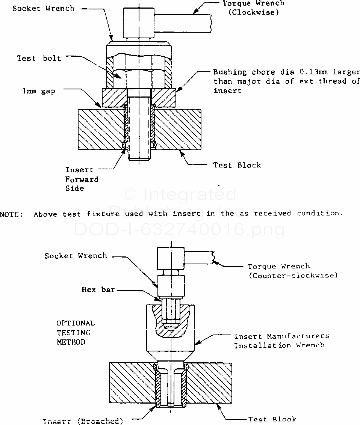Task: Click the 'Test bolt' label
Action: click(x=39, y=58)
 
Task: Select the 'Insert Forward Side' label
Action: click(x=81, y=179)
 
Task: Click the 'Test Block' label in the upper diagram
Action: click(x=237, y=165)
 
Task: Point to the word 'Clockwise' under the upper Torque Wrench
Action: click(x=254, y=12)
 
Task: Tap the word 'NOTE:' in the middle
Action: click(x=12, y=214)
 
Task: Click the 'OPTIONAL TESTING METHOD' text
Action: click(x=76, y=332)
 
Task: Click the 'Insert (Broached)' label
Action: click(x=83, y=421)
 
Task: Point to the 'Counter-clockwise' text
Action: click(x=293, y=275)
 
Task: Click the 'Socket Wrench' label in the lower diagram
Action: click(x=76, y=256)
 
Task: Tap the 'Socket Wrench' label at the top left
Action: click(x=43, y=8)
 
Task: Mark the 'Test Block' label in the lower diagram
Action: click(x=272, y=419)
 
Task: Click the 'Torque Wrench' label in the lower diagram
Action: click(x=278, y=266)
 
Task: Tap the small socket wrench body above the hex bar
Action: click(x=171, y=286)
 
